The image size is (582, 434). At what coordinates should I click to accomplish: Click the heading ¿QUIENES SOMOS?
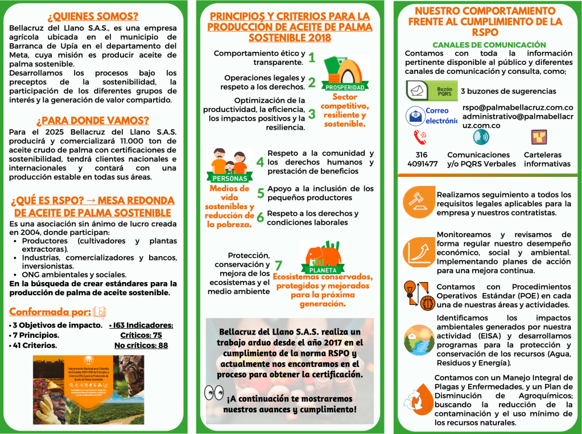coord(93,16)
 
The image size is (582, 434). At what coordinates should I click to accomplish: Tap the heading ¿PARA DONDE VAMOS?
coord(93,121)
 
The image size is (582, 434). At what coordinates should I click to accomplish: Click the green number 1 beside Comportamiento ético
coord(312,57)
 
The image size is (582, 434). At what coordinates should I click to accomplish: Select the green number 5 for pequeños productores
coord(261,193)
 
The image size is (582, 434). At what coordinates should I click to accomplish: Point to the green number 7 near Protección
coord(278,265)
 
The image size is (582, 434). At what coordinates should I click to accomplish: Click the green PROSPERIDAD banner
coord(344,88)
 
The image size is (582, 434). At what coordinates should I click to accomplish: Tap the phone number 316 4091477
coord(422,159)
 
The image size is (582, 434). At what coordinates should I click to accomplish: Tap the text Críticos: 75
coord(141,335)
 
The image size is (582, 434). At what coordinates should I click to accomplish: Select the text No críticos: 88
coord(141,345)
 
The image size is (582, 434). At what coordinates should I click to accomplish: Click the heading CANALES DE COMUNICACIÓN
coord(489,45)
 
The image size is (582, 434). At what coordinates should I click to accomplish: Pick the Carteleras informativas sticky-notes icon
coord(539,137)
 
